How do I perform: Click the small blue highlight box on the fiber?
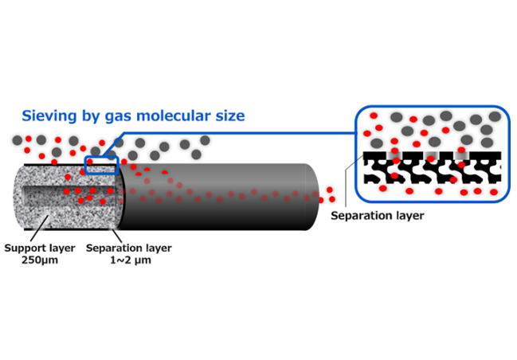coord(101,165)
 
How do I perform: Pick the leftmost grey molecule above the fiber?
coord(18,140)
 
